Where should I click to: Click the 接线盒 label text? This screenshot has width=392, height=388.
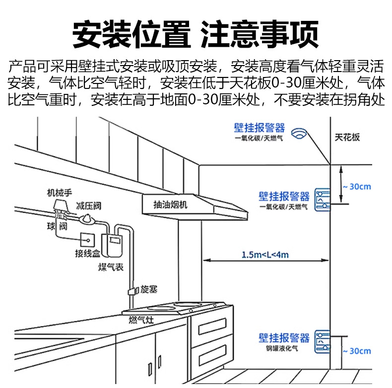(89, 254)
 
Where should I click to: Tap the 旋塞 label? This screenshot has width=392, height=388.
(149, 288)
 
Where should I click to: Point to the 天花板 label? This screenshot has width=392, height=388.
(347, 137)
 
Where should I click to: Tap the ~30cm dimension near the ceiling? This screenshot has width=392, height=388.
(356, 187)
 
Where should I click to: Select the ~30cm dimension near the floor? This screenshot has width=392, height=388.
(356, 351)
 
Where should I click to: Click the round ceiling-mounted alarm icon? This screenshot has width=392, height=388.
(299, 134)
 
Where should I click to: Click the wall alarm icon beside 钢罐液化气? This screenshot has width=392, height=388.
(321, 343)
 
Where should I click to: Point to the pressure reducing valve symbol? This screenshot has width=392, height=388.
(88, 217)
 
